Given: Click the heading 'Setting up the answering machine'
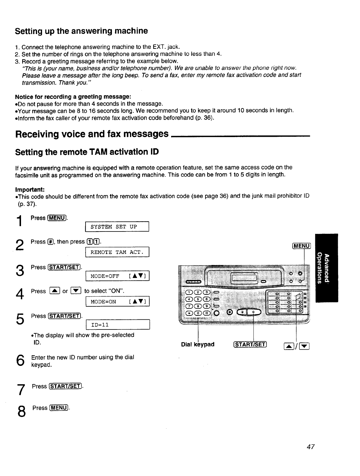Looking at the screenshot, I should click(x=81, y=31).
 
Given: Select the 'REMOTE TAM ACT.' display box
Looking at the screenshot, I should click(x=117, y=252).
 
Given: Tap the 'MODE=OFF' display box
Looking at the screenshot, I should click(x=117, y=276).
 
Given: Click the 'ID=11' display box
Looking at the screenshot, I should click(x=118, y=325).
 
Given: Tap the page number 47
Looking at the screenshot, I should click(x=310, y=447).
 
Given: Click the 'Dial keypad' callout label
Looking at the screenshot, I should click(x=197, y=345).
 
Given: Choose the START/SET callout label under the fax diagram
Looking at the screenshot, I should click(x=250, y=344).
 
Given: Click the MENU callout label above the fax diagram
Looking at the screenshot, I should click(x=302, y=246).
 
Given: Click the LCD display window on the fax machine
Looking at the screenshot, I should click(x=245, y=278).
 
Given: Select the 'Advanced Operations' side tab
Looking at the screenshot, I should click(x=326, y=268).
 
